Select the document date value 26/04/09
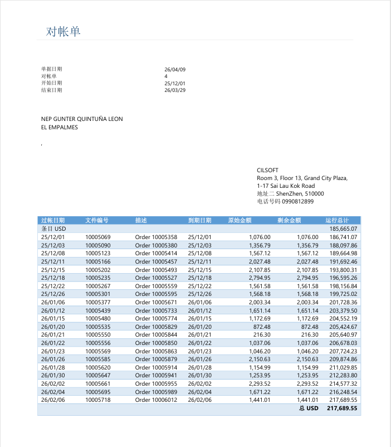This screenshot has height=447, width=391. pyautogui.click(x=175, y=70)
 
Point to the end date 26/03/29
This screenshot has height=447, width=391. pyautogui.click(x=175, y=90)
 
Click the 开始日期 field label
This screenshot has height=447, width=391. pyautogui.click(x=52, y=83)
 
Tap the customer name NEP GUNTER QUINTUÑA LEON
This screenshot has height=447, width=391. pyautogui.click(x=82, y=119)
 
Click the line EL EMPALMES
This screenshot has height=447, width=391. pyautogui.click(x=60, y=127)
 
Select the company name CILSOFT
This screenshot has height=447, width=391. pyautogui.click(x=267, y=170)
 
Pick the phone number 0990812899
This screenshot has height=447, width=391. pyautogui.click(x=298, y=201)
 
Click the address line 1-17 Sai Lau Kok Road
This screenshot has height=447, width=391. pyautogui.click(x=286, y=186)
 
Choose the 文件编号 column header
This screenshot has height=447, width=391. pyautogui.click(x=97, y=220)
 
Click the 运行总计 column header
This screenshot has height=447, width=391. pyautogui.click(x=337, y=220)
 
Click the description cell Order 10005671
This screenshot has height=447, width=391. pyautogui.click(x=156, y=302)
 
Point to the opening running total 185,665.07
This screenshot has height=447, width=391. pyautogui.click(x=343, y=229)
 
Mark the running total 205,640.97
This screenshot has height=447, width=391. pyautogui.click(x=343, y=335)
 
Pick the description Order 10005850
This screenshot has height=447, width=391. pyautogui.click(x=156, y=343)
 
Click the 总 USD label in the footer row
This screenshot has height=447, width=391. pyautogui.click(x=309, y=409)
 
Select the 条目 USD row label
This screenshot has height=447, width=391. pyautogui.click(x=53, y=229)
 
